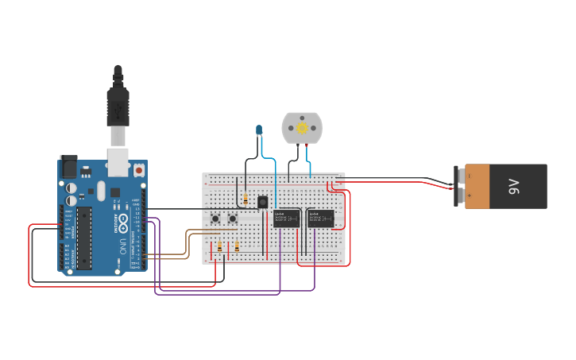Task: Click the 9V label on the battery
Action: pos(514,187)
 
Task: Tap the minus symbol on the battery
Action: pos(469,176)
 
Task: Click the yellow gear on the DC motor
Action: pos(302,127)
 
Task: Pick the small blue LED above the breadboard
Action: pos(259,129)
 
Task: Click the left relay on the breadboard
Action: pos(286,218)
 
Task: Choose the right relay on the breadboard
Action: pos(320,218)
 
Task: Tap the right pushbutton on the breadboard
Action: pos(234,219)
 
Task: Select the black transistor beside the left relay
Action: pos(262,203)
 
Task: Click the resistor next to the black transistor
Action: pos(246,200)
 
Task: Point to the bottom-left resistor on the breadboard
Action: pos(219,250)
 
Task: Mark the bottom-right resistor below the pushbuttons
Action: pos(237,248)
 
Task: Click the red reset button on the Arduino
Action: pos(139,169)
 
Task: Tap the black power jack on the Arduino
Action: pos(69,168)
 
